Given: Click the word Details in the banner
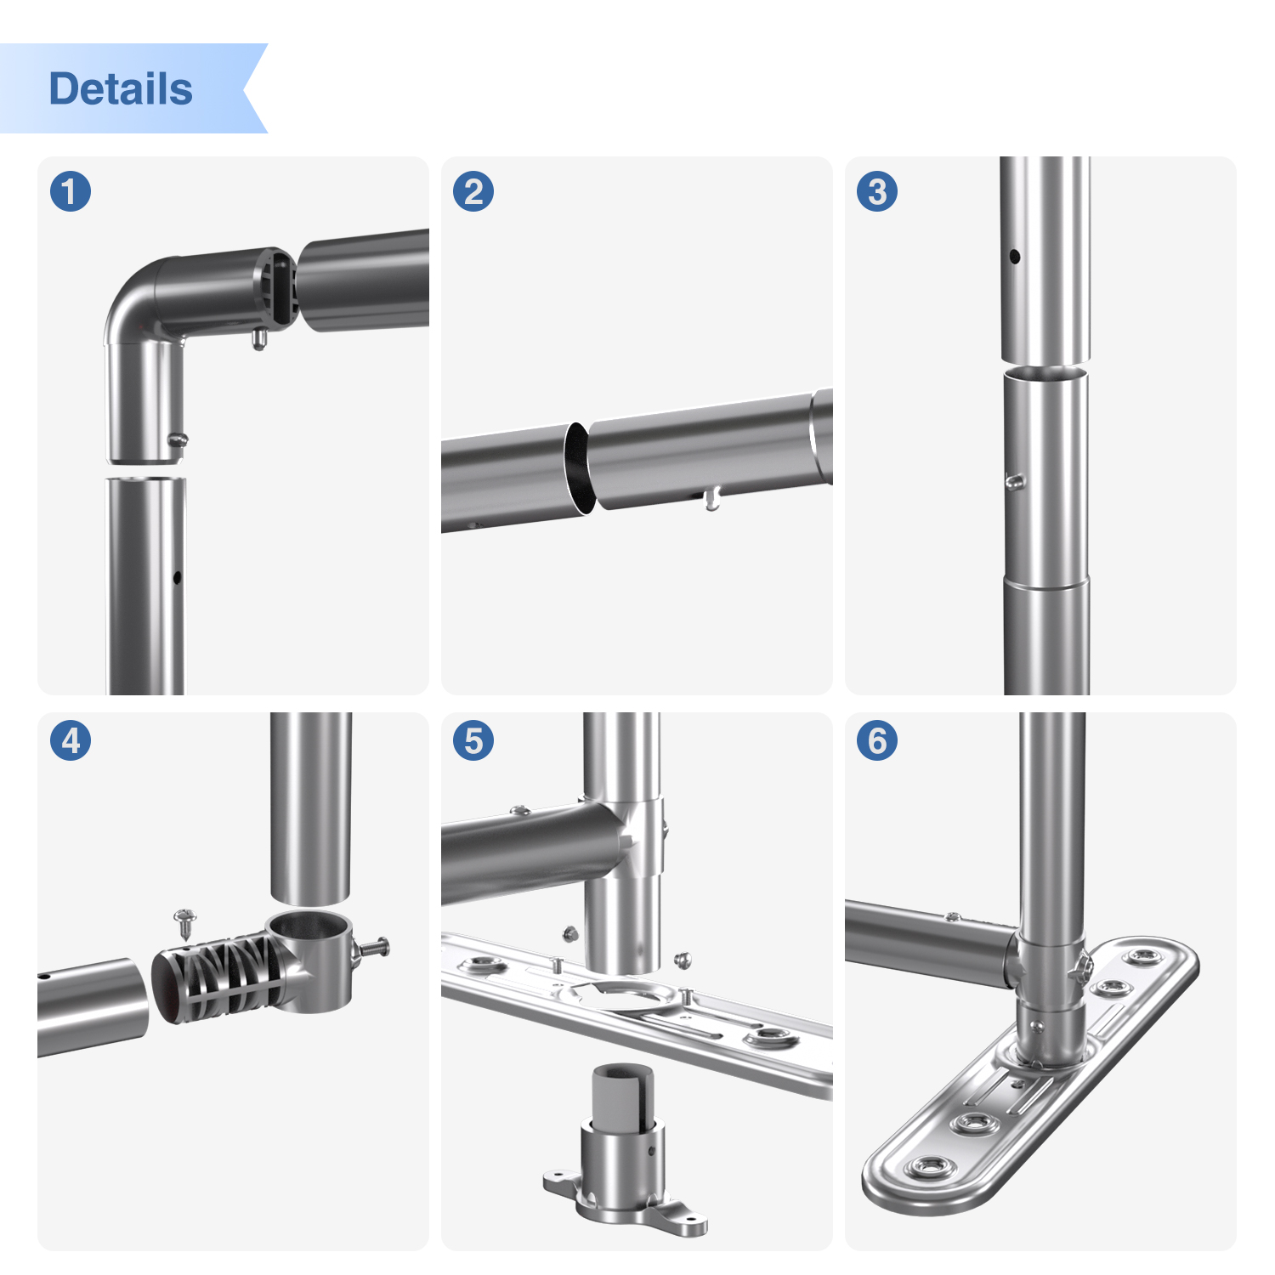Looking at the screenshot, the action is (121, 88).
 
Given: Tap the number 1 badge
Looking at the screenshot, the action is (71, 191).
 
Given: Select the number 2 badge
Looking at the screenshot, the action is (473, 191).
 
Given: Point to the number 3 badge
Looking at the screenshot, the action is (877, 191).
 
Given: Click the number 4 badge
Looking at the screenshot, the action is (71, 740).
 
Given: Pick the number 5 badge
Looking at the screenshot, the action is (473, 740).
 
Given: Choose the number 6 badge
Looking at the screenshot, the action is (877, 740).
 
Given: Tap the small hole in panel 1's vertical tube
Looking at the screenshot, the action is (177, 578).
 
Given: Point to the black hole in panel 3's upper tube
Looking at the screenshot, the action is (1014, 256).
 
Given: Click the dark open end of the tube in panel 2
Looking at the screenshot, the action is (577, 468).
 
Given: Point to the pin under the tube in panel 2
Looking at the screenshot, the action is (712, 500).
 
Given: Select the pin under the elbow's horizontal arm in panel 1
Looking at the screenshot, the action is (259, 340).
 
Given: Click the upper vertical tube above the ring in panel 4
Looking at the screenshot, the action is (311, 807).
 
